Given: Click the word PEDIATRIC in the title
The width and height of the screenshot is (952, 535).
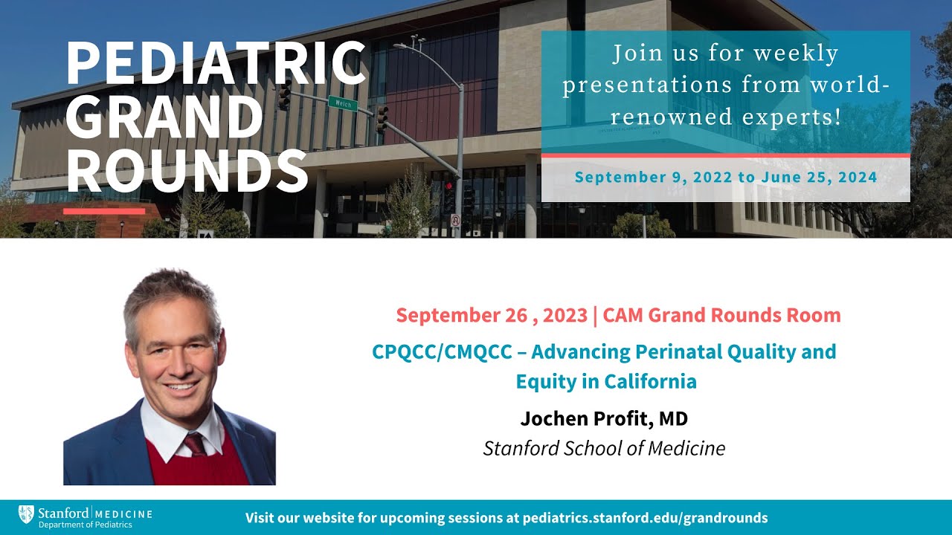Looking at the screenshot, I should pyautogui.click(x=216, y=64).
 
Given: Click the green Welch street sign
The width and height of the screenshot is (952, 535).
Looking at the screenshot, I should pyautogui.click(x=342, y=103).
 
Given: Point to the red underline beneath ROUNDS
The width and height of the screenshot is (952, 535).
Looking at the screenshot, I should pyautogui.click(x=104, y=211).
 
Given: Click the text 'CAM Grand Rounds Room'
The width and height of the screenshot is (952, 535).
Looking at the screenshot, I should pyautogui.click(x=721, y=315).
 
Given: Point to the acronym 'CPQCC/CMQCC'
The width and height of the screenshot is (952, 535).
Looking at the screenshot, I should pyautogui.click(x=442, y=351).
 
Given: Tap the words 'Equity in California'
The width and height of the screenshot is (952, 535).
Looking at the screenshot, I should pyautogui.click(x=606, y=382).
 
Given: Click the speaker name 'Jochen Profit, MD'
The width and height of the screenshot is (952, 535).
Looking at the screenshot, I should pyautogui.click(x=604, y=419).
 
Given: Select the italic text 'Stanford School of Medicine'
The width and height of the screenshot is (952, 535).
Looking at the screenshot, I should pyautogui.click(x=604, y=449).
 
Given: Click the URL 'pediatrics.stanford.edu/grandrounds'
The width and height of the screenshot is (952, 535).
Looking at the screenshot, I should pyautogui.click(x=646, y=518).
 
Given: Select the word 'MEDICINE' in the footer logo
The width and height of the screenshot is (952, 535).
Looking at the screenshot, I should pyautogui.click(x=124, y=513).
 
